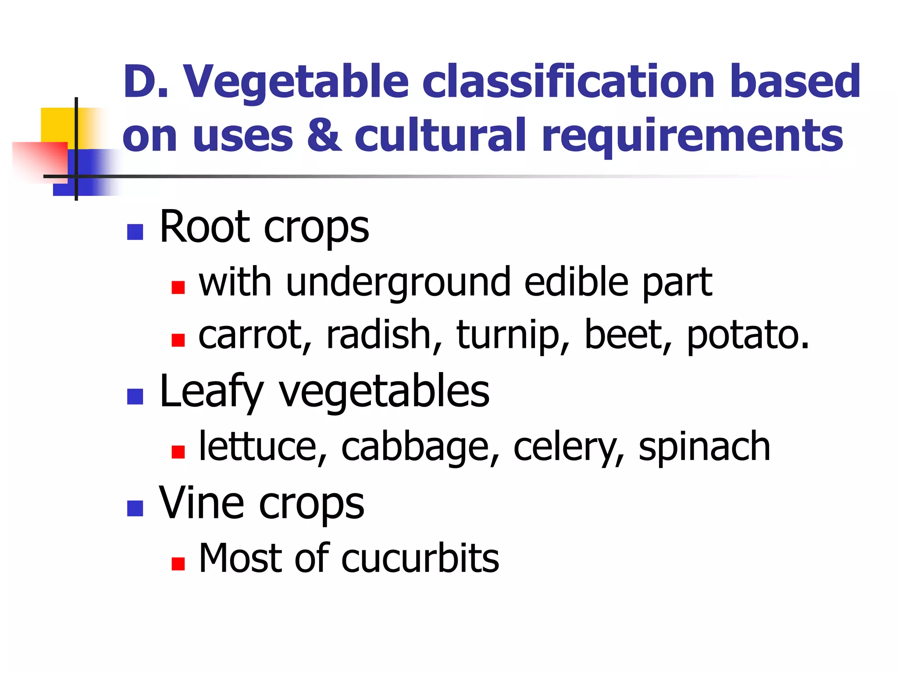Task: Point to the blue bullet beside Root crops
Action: [135, 232]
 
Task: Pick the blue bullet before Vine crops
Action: [135, 508]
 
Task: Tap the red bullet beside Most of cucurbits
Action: [178, 563]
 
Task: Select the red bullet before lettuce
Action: [178, 452]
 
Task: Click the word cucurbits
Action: [420, 558]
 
